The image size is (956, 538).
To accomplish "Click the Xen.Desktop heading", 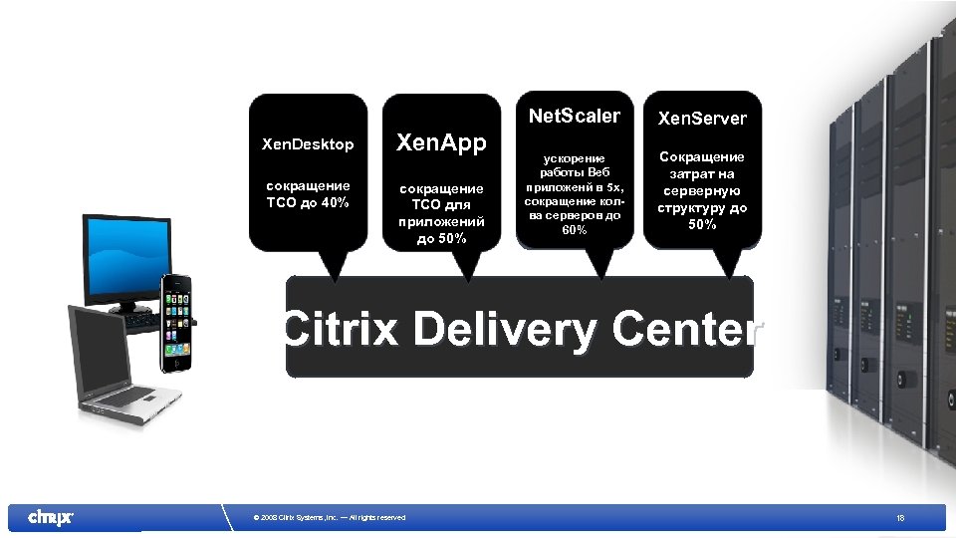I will [x=308, y=144].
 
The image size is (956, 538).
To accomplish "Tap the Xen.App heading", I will [x=442, y=143].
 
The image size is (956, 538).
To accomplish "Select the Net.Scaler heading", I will [x=575, y=116].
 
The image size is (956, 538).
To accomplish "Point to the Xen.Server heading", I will [x=702, y=119].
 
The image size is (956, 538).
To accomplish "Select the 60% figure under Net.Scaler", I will [x=575, y=230].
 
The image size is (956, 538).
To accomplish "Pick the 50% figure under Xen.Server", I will [x=702, y=224].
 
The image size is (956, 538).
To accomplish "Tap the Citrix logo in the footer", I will [x=50, y=517].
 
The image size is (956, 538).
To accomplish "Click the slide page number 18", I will [x=900, y=517].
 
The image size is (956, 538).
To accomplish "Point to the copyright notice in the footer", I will [x=330, y=517].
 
